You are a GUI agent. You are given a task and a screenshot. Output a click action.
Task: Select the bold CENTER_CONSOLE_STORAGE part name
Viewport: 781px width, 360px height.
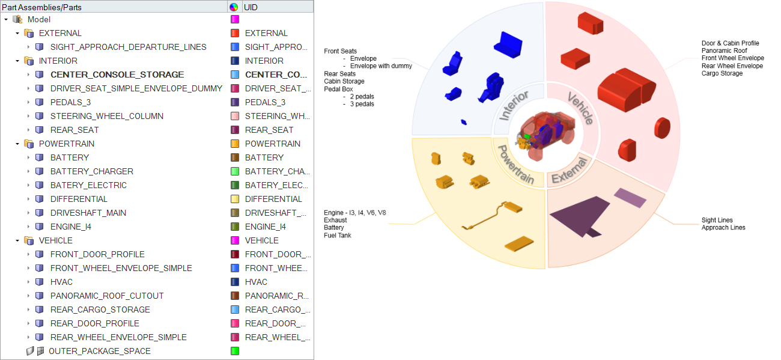coord(117,75)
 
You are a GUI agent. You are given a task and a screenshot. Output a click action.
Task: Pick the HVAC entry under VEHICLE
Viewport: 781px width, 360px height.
coord(61,282)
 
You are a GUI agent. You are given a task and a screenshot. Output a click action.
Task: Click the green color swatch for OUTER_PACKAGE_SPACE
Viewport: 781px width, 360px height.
coord(235,351)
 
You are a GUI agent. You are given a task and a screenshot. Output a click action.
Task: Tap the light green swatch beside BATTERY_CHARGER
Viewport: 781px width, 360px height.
coord(235,171)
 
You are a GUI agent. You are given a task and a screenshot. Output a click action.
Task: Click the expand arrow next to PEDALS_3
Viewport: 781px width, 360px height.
coord(28,102)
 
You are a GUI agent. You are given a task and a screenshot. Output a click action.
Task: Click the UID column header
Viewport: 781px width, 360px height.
coord(251,7)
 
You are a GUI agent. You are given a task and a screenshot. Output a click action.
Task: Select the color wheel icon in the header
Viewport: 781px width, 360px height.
coord(234,7)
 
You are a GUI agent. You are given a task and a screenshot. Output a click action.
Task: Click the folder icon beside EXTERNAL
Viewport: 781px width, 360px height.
coord(28,33)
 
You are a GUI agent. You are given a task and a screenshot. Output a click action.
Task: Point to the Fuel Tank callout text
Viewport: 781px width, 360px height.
coord(338,236)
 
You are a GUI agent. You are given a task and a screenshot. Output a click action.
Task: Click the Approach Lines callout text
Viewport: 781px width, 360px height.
coord(723,228)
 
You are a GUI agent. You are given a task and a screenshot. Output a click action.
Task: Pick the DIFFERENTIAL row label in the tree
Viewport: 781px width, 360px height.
coord(79,199)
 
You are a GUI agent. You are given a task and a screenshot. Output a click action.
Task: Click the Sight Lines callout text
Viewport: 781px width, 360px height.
coord(717,221)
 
